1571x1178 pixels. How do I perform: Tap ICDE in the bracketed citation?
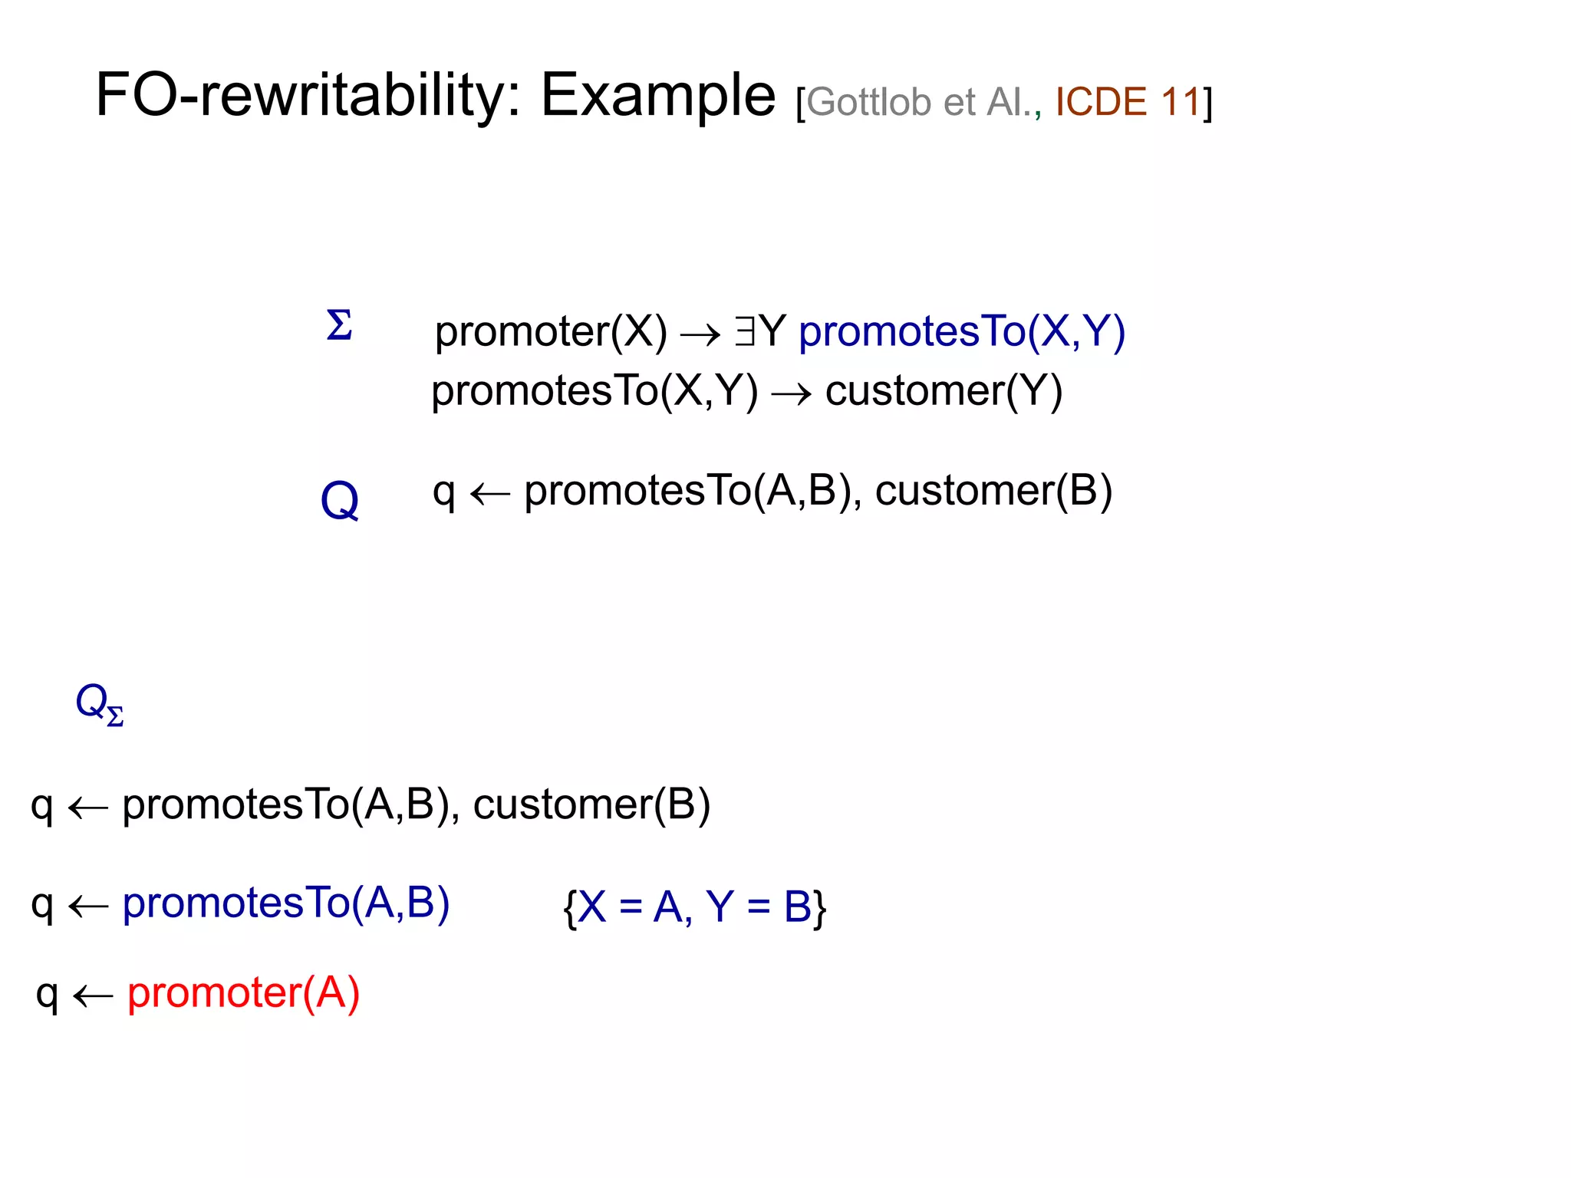pos(1101,102)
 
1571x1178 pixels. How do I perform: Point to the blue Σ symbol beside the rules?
pos(339,325)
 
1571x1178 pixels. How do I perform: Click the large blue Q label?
pos(339,501)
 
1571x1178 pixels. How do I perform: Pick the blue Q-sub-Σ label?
pos(99,704)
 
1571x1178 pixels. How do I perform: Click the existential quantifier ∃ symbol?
pos(744,332)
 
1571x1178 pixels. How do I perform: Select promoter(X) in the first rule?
pos(551,332)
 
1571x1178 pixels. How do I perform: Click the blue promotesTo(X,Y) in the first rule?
pos(962,332)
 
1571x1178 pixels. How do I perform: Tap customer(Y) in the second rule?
pos(944,391)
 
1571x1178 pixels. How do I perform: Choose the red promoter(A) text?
pos(243,993)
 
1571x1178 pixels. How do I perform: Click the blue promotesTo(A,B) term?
pos(286,903)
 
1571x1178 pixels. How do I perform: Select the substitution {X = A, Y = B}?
pos(694,907)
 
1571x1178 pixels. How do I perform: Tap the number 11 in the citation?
pos(1180,102)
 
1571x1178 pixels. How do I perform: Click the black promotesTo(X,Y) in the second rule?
pos(594,391)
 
